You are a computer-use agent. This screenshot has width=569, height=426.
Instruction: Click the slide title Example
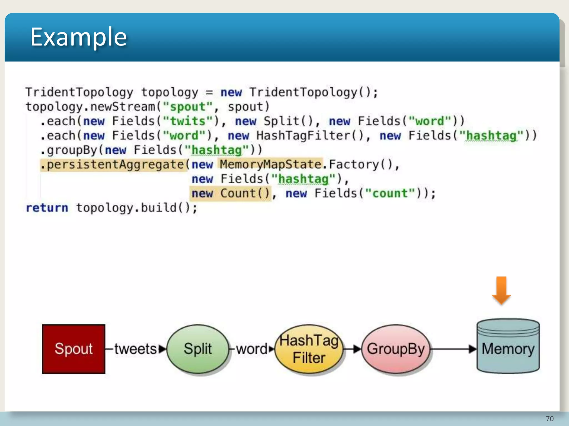click(x=79, y=37)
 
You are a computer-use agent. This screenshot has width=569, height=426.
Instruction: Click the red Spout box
click(x=74, y=349)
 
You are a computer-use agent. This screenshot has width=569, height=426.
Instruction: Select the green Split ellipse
click(x=198, y=349)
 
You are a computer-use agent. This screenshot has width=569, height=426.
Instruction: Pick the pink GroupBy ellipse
click(x=396, y=349)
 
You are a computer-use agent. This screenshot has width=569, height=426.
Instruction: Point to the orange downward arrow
click(x=501, y=290)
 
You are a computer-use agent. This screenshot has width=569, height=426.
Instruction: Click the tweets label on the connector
click(x=136, y=349)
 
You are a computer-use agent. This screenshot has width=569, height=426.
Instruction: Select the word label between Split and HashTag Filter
click(x=252, y=349)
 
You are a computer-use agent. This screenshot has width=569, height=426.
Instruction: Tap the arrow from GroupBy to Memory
click(x=453, y=349)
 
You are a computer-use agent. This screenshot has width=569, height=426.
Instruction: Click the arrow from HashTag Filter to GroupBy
click(x=352, y=349)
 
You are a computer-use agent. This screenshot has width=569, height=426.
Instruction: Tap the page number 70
click(x=550, y=419)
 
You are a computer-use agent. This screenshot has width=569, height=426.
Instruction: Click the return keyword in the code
click(x=47, y=208)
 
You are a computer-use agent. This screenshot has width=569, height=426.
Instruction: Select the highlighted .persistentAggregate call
click(x=113, y=165)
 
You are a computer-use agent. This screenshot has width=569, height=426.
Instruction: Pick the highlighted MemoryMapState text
click(x=271, y=164)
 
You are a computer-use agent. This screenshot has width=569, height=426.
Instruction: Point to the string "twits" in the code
click(x=188, y=121)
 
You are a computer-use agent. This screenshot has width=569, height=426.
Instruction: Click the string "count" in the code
click(x=390, y=194)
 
